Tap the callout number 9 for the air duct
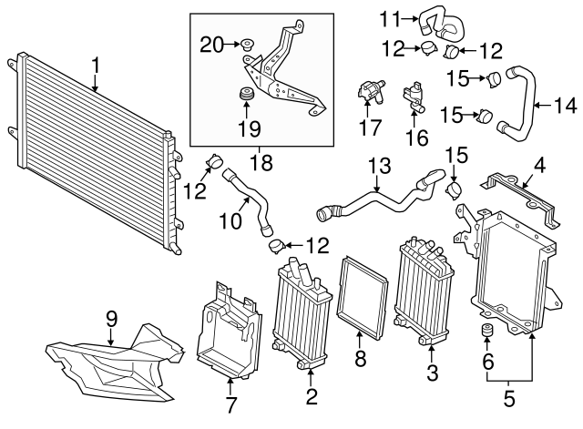coord(112,318)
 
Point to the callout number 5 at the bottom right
coord(509,399)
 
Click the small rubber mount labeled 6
coord(487,331)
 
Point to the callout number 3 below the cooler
coord(432,372)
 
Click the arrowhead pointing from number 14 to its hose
coord(532,106)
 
